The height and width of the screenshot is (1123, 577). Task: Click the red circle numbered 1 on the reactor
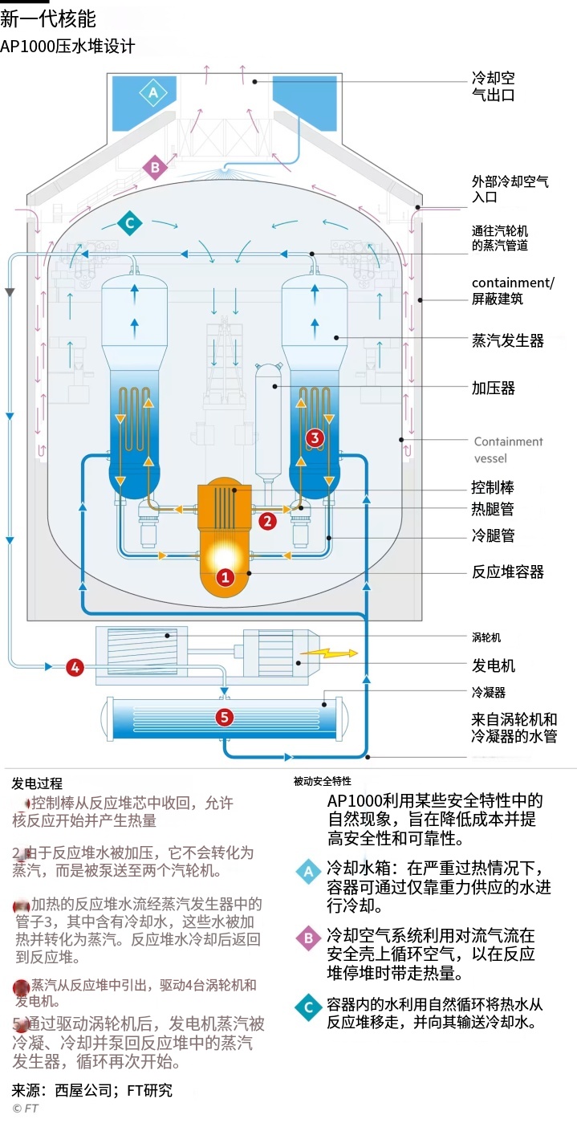[226, 576]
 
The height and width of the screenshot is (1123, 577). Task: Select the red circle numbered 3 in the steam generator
[315, 437]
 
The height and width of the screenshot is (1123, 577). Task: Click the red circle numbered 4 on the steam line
[75, 666]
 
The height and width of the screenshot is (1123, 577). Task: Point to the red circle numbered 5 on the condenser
[225, 717]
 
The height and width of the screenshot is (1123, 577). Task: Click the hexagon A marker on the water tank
[153, 93]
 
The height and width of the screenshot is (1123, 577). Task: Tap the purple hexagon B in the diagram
[155, 168]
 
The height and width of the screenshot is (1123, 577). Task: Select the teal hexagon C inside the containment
[128, 222]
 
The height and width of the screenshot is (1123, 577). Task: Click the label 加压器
[493, 389]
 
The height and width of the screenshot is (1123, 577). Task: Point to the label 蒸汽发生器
[507, 341]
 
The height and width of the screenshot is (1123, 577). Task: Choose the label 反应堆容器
[507, 572]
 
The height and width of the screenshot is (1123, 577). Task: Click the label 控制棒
[493, 487]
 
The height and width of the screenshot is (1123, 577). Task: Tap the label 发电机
[493, 665]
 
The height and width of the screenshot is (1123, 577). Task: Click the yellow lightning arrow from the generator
[334, 653]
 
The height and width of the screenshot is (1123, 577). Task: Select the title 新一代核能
[48, 19]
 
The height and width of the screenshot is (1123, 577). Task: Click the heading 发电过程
[37, 783]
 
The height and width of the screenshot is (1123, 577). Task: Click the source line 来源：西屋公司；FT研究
[91, 1090]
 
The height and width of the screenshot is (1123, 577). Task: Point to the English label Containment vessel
[508, 450]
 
